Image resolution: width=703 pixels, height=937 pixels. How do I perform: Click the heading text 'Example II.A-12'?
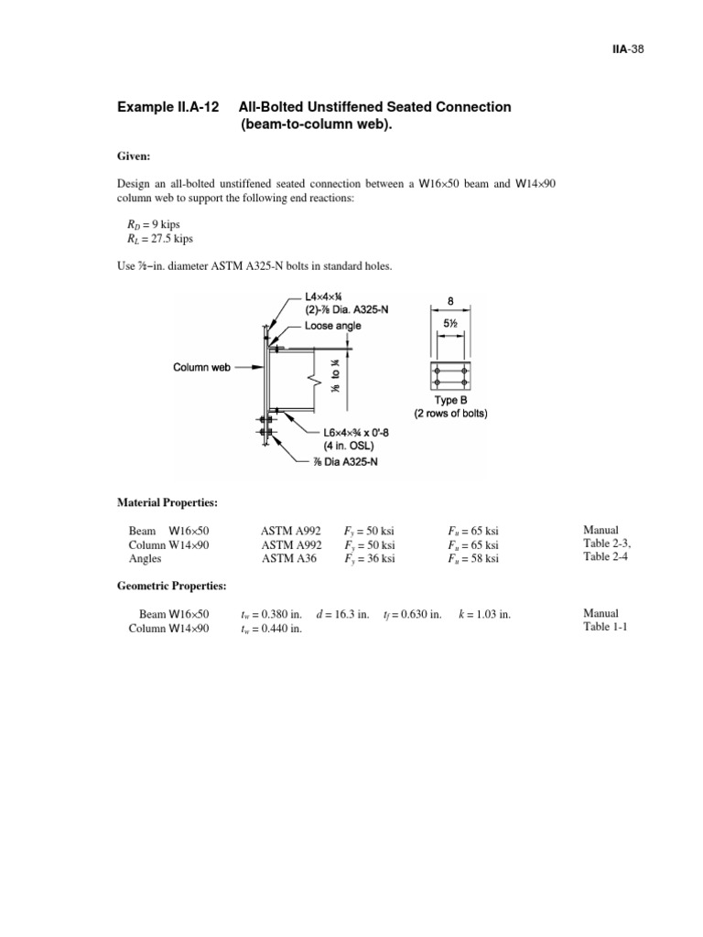(168, 107)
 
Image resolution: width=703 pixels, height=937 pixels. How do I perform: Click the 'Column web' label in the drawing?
(203, 367)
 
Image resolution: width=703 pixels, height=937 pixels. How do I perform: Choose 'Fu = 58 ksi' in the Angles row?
(473, 559)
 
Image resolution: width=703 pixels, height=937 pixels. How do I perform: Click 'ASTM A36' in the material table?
(289, 559)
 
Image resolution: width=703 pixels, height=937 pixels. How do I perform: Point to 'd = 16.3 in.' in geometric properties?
(342, 614)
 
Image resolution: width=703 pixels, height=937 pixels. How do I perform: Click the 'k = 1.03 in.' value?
(484, 614)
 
